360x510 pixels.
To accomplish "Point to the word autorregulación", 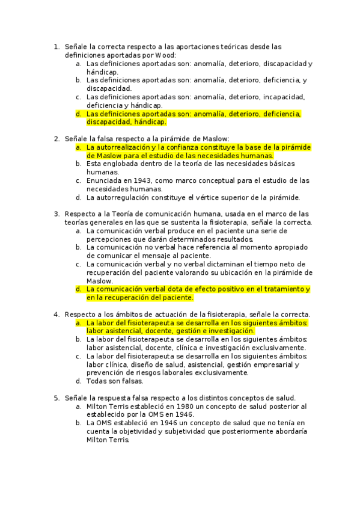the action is (128, 197).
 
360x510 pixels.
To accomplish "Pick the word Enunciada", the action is (106, 180).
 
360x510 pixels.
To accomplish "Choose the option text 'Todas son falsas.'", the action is (115, 381).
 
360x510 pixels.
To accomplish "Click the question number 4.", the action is (56, 314).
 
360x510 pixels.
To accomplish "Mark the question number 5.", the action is (56, 398).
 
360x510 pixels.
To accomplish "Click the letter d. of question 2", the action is (78, 197).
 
